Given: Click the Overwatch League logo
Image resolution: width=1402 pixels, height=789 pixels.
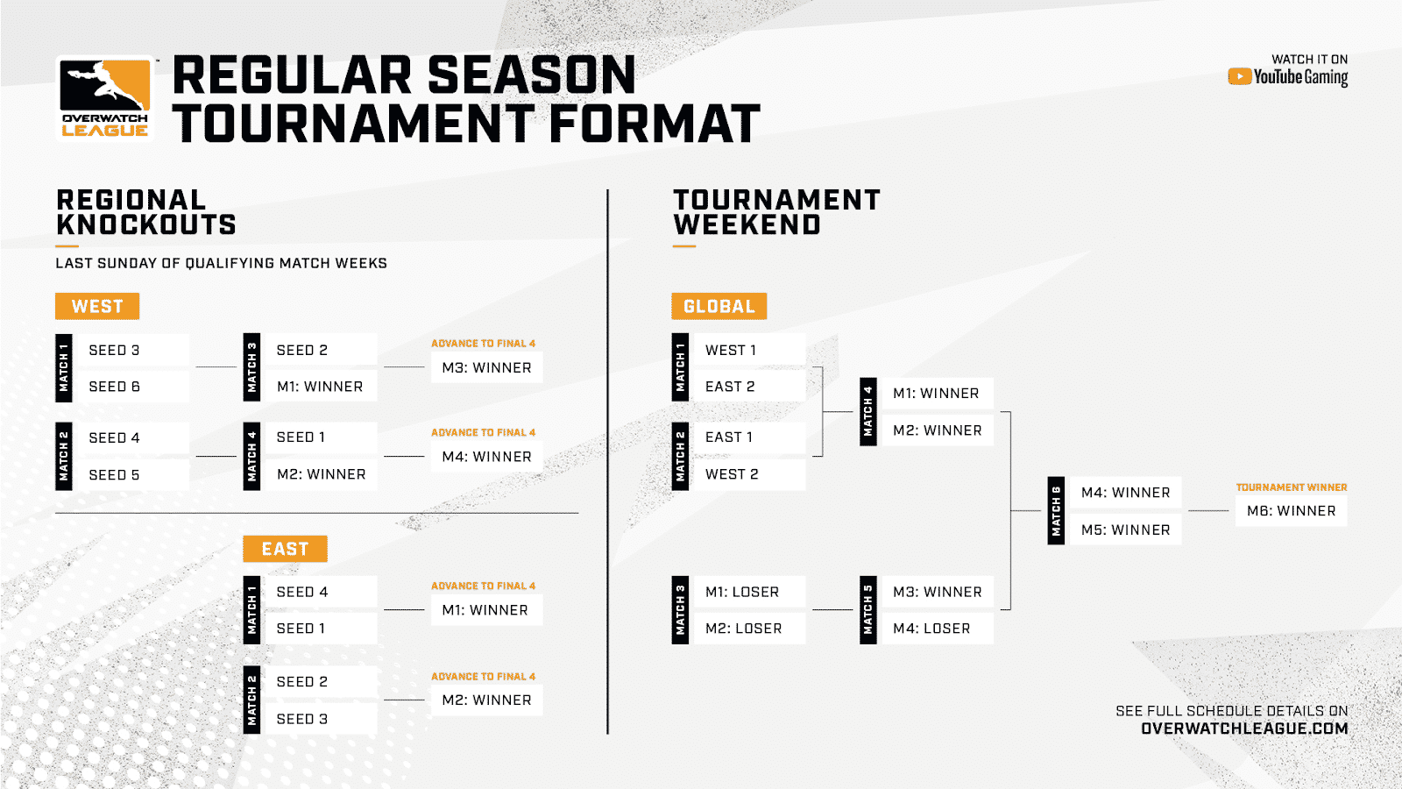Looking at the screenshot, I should (x=105, y=98).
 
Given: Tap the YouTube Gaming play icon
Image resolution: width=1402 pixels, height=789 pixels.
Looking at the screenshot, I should (x=1239, y=77).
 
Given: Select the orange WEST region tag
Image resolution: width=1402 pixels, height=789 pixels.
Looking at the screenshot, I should (x=97, y=306).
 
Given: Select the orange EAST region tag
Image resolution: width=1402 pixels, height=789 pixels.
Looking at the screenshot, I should (x=285, y=549).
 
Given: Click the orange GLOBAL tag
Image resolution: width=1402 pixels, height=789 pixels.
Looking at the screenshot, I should (x=719, y=306).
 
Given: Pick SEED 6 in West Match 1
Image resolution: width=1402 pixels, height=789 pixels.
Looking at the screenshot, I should (x=114, y=387).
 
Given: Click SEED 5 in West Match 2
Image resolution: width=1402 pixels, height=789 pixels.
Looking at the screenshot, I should (x=114, y=474).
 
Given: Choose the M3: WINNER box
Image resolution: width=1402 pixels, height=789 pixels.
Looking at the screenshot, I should (x=486, y=367).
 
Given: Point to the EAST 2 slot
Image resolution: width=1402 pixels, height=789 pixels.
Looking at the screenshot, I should (x=730, y=387).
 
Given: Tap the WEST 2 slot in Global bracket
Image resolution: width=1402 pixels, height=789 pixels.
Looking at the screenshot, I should (x=732, y=474).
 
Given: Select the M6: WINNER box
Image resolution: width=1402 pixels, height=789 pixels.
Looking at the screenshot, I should (x=1291, y=511).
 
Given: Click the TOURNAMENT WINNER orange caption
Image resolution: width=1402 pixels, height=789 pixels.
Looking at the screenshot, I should (x=1291, y=487).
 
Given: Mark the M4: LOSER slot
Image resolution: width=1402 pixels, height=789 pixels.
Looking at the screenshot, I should (x=931, y=629).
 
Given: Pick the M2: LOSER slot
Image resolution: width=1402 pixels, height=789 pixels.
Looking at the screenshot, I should (x=743, y=629).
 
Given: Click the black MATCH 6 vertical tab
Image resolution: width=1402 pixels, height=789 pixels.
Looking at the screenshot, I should (x=1056, y=511).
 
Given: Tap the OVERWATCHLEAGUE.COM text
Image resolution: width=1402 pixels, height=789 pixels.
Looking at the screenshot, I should (x=1243, y=729).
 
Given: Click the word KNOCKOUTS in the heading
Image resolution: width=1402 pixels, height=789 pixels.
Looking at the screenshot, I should (x=146, y=225).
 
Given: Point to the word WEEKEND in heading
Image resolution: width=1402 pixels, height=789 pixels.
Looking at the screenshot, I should (x=747, y=225).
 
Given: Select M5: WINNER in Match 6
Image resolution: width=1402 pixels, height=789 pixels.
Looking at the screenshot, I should (x=1125, y=530).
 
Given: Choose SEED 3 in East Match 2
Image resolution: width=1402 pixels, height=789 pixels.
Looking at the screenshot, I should (x=302, y=719).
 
